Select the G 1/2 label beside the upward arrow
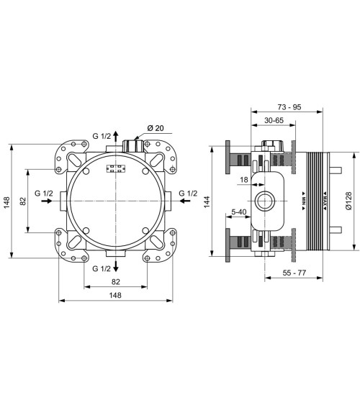(x=102, y=136)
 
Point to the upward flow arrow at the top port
(x=117, y=137)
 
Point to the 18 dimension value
(x=244, y=180)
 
